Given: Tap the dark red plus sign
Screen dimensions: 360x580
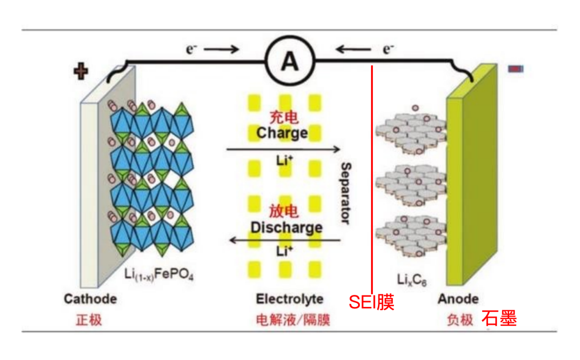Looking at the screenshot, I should (81, 71).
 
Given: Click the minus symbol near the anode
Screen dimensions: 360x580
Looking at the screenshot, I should (516, 69).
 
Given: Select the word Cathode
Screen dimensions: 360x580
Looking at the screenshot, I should (90, 299).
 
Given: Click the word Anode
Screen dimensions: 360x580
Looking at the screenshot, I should (458, 299).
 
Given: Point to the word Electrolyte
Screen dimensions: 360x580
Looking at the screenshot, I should (289, 299).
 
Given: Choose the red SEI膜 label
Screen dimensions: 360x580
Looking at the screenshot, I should (372, 302).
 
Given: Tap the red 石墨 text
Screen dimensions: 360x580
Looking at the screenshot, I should (499, 318).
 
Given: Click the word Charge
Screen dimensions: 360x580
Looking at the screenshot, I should (282, 133).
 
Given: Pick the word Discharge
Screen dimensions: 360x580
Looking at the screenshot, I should (286, 227).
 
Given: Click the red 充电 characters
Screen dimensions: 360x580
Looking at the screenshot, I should (283, 117).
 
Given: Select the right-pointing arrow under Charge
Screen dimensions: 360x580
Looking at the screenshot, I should (283, 149).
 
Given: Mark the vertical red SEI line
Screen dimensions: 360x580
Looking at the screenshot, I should (372, 183).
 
